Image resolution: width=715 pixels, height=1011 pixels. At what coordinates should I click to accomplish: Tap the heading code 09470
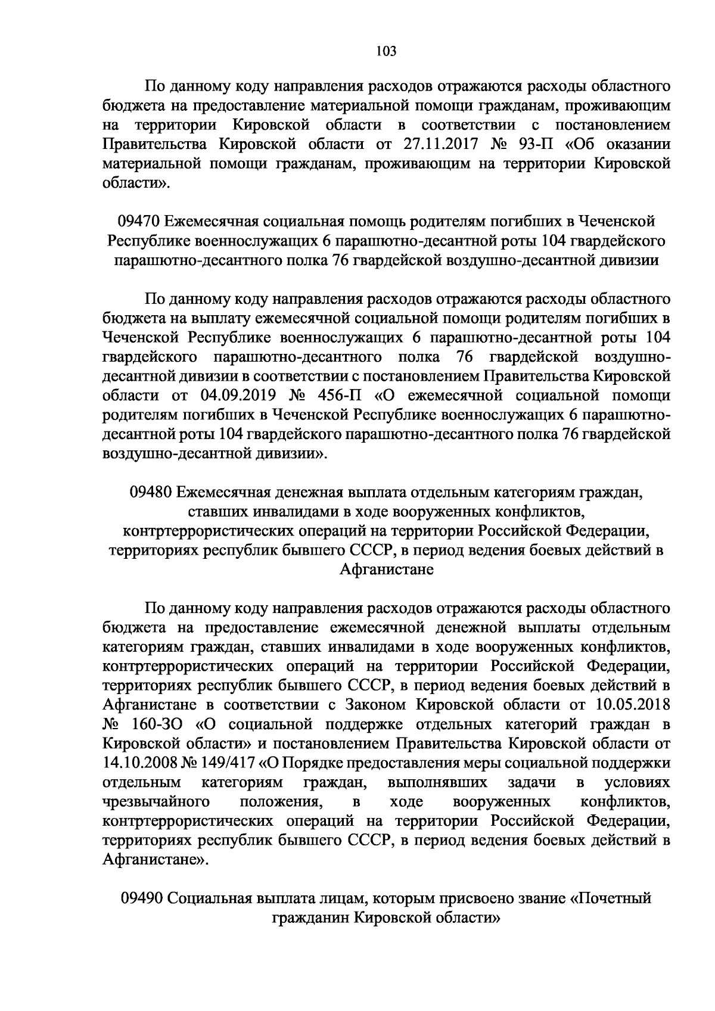click(138, 222)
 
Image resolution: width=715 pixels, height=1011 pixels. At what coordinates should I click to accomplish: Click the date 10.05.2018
click(633, 705)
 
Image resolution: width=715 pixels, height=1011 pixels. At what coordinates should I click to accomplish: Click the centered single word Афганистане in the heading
click(386, 570)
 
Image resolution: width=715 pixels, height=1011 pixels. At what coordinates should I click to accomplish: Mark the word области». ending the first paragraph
click(136, 183)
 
